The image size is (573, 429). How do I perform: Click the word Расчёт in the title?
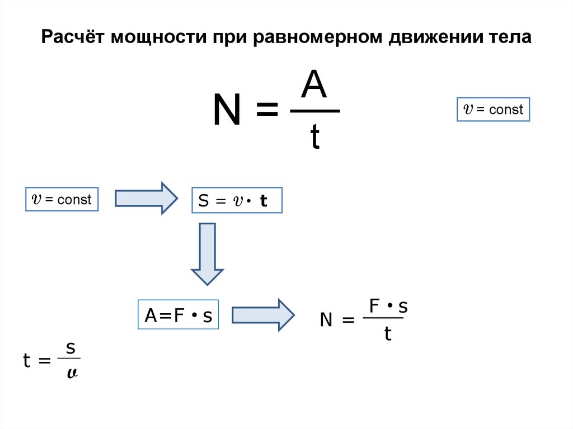[x=73, y=38]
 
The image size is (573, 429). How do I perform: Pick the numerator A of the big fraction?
[x=315, y=86]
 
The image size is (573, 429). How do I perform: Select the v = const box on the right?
[x=492, y=110]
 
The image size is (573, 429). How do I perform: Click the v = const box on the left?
[x=62, y=199]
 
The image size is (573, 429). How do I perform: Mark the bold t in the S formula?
[x=263, y=202]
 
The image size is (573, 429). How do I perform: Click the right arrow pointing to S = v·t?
[x=146, y=198]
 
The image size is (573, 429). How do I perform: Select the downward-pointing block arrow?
[x=207, y=253]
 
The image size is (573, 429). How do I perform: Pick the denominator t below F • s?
[x=387, y=334]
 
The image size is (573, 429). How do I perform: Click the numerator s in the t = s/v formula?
[x=71, y=348]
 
